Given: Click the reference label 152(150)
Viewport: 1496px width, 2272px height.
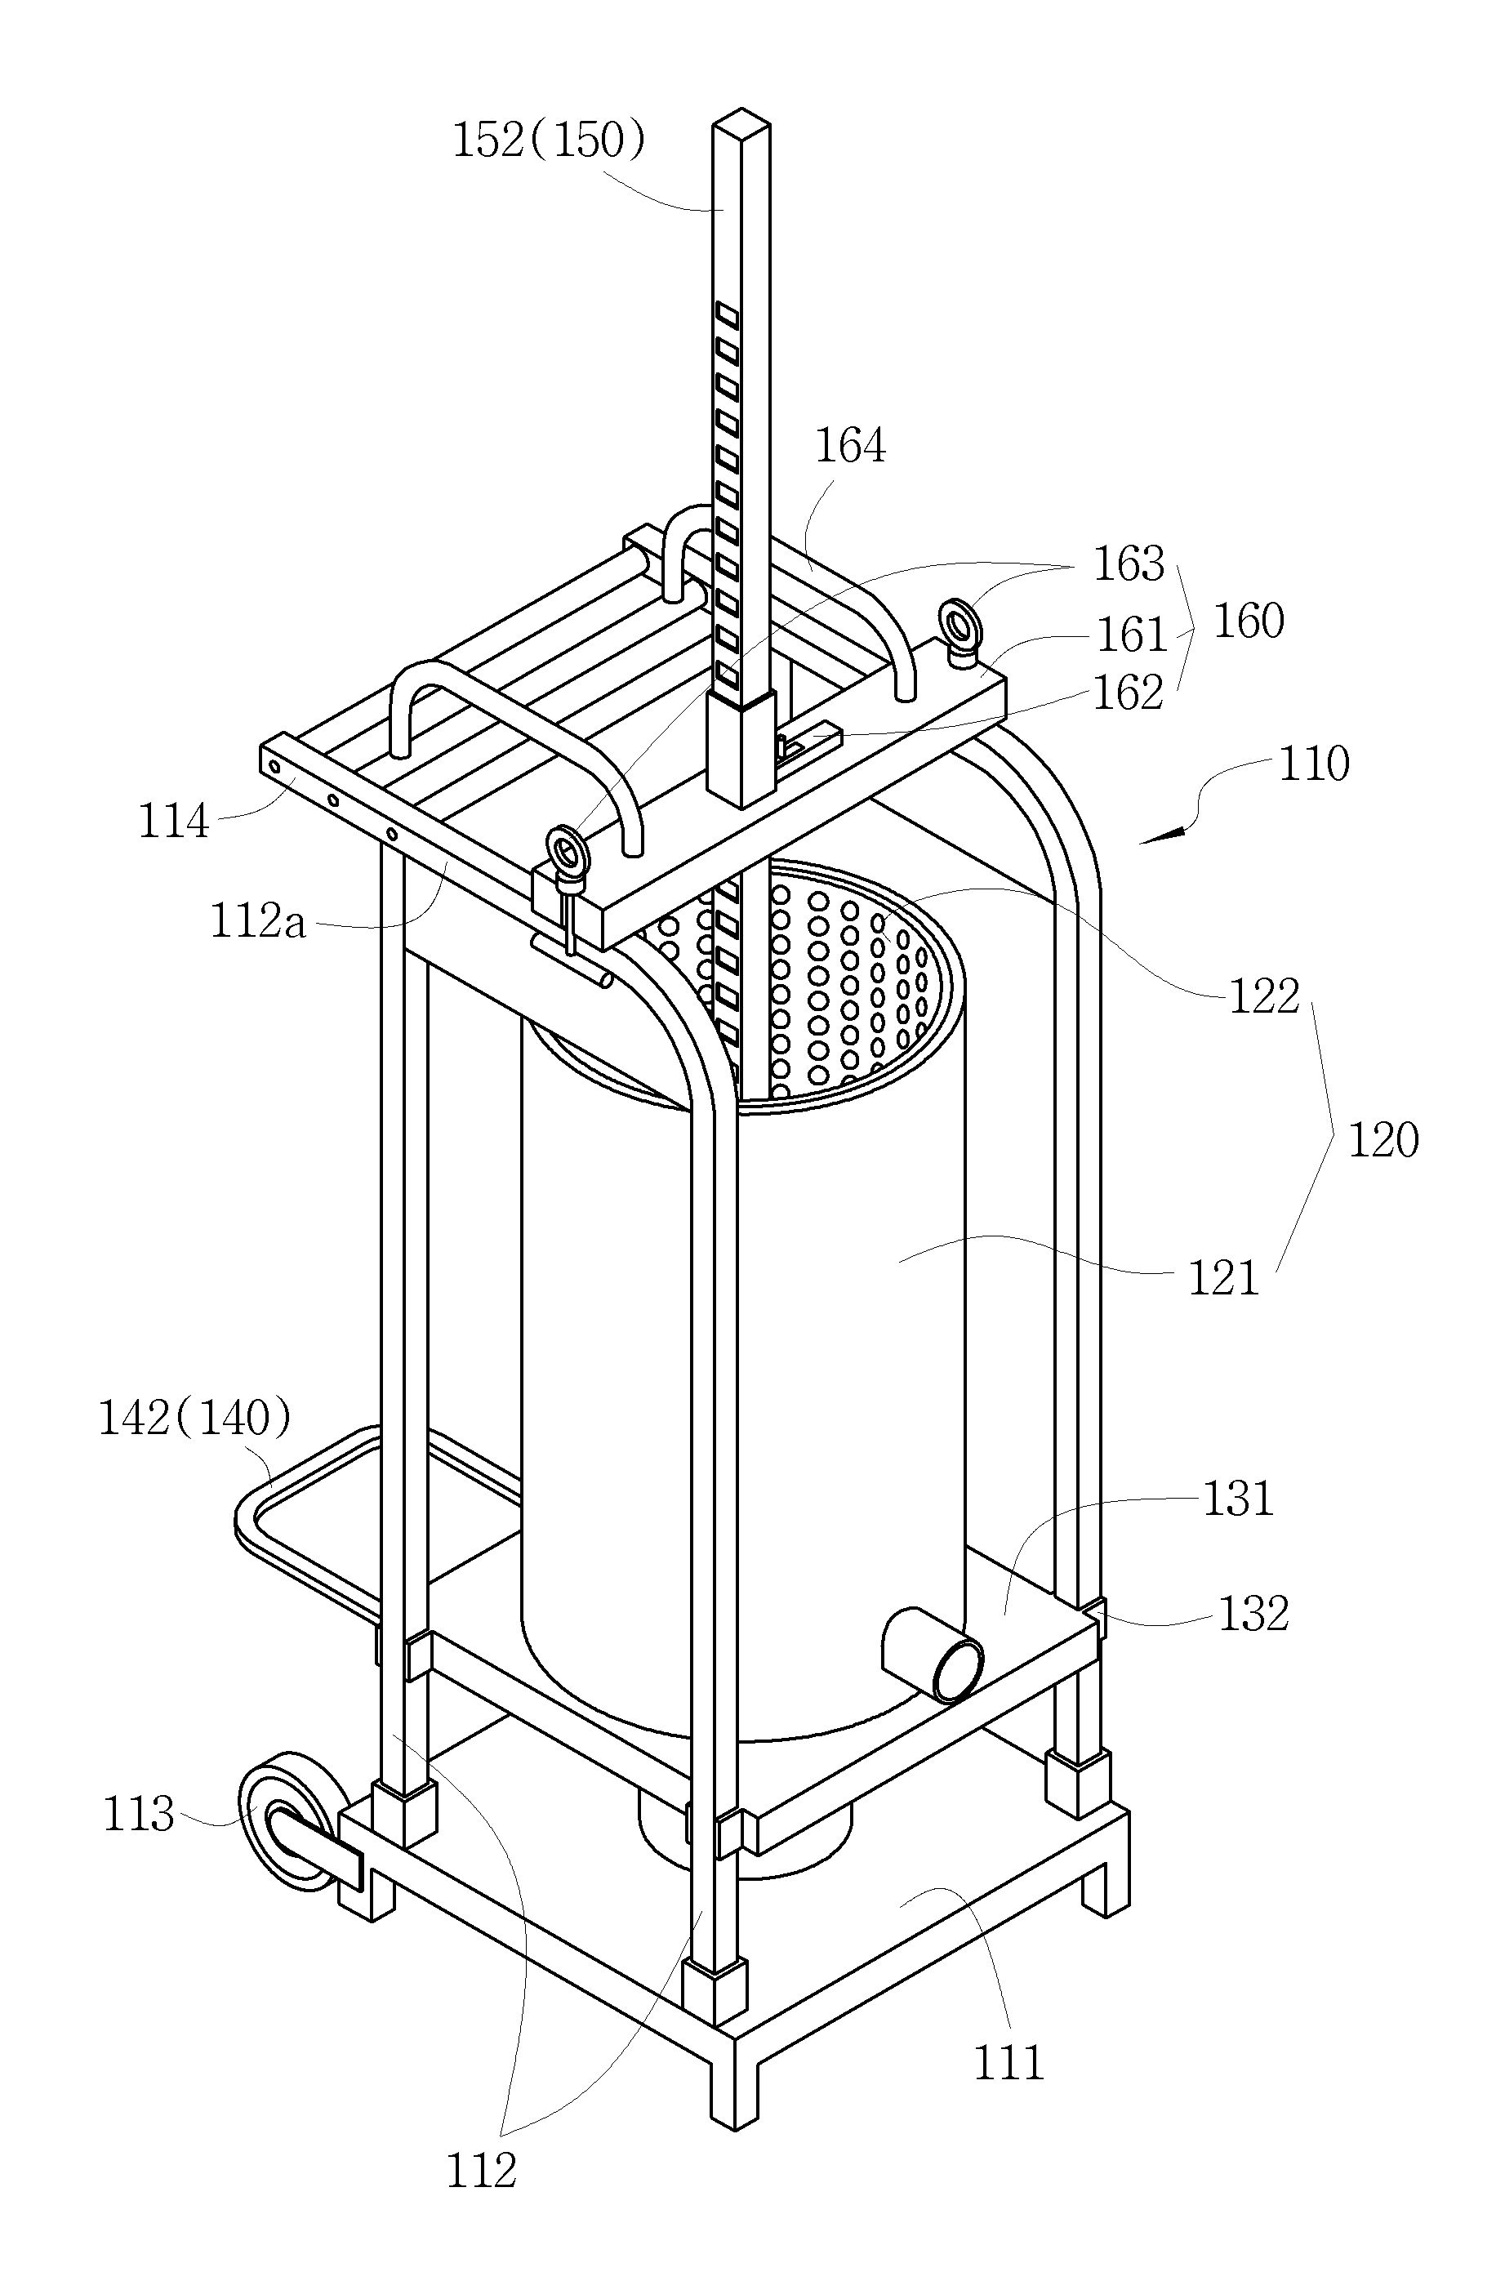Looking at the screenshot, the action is click(x=550, y=140).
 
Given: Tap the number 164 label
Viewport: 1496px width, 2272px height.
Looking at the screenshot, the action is click(x=850, y=446).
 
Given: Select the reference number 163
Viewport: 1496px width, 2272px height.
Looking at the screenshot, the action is click(x=1129, y=564).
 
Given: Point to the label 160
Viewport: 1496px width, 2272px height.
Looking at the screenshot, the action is click(x=1249, y=621).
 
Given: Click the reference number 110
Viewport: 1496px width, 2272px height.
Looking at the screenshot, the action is click(x=1314, y=764).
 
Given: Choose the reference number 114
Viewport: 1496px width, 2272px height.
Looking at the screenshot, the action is click(x=174, y=821).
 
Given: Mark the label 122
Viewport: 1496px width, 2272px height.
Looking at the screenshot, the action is click(x=1264, y=996).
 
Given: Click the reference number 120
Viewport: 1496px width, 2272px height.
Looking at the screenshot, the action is click(x=1383, y=1140).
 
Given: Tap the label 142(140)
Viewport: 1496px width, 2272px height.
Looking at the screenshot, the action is click(x=194, y=1419).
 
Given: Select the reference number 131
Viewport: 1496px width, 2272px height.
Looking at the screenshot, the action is click(x=1238, y=1499).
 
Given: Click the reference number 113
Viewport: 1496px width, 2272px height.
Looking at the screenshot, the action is click(x=140, y=1814).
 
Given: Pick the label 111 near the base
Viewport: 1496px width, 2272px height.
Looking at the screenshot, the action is click(x=1008, y=2062).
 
